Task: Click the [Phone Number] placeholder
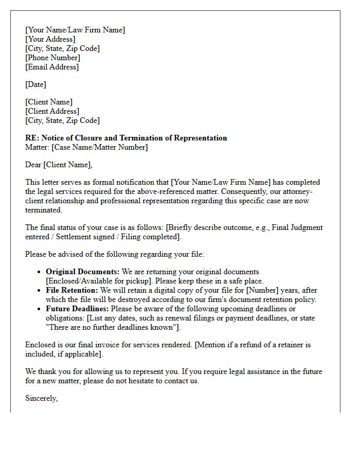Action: (x=52, y=58)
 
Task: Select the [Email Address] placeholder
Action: (x=52, y=67)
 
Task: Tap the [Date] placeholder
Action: (x=35, y=84)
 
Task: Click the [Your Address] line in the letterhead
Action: (x=50, y=39)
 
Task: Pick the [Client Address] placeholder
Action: (x=52, y=111)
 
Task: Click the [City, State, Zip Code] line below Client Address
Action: (x=62, y=120)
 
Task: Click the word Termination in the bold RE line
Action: (x=142, y=138)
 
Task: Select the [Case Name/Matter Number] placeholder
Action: (x=100, y=147)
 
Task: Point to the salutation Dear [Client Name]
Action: (x=59, y=165)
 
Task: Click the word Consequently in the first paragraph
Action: (x=250, y=191)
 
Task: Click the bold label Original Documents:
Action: (x=83, y=272)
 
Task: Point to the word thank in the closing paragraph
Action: (x=48, y=371)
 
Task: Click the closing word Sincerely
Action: (x=41, y=398)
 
